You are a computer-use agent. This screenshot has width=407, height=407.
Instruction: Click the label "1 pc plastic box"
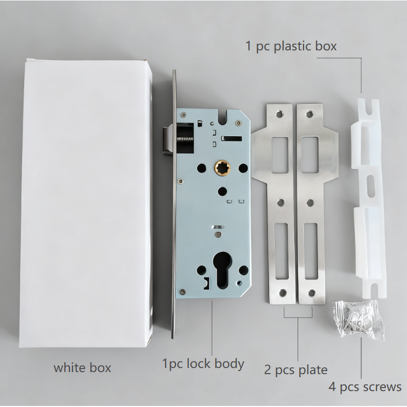pos(291,46)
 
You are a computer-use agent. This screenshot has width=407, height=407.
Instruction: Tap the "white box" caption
pos(82,367)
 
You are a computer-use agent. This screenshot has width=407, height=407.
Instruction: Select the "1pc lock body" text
pos(203,364)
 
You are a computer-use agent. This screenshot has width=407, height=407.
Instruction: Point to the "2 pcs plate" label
pos(296,369)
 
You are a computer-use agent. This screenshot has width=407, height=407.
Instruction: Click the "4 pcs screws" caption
pos(365,387)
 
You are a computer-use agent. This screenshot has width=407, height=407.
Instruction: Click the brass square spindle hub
pos(223,167)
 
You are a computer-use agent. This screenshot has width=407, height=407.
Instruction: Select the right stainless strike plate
pos(310,203)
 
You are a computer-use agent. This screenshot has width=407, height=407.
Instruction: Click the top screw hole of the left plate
pos(279,111)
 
